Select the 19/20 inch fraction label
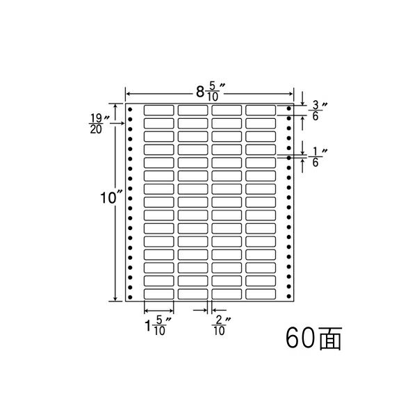[x=99, y=124]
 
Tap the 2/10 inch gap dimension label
[x=221, y=325]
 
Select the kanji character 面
[x=330, y=338]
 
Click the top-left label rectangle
[x=158, y=110]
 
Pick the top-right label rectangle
[x=261, y=110]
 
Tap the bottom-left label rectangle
[x=158, y=294]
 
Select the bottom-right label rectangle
[x=261, y=294]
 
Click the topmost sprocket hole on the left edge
[x=130, y=109]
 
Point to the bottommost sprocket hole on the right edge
[x=289, y=296]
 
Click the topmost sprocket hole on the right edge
[x=289, y=108]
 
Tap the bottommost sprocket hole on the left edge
[x=130, y=297]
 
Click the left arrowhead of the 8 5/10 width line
[x=128, y=94]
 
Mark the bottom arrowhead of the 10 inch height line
[x=115, y=299]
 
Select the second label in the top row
[x=193, y=110]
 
